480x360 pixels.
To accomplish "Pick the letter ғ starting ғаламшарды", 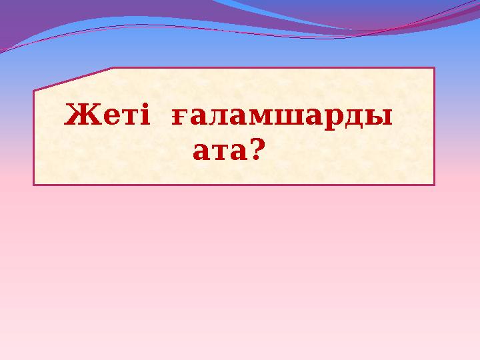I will coord(179,119).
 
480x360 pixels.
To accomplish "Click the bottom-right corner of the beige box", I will coord(433,184).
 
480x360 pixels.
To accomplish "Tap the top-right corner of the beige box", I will coord(433,68).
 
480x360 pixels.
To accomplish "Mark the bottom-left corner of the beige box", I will coord(34,184).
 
